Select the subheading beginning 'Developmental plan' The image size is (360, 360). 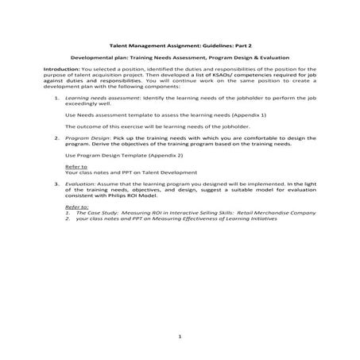(180, 58)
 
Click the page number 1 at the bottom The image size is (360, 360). (180, 337)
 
